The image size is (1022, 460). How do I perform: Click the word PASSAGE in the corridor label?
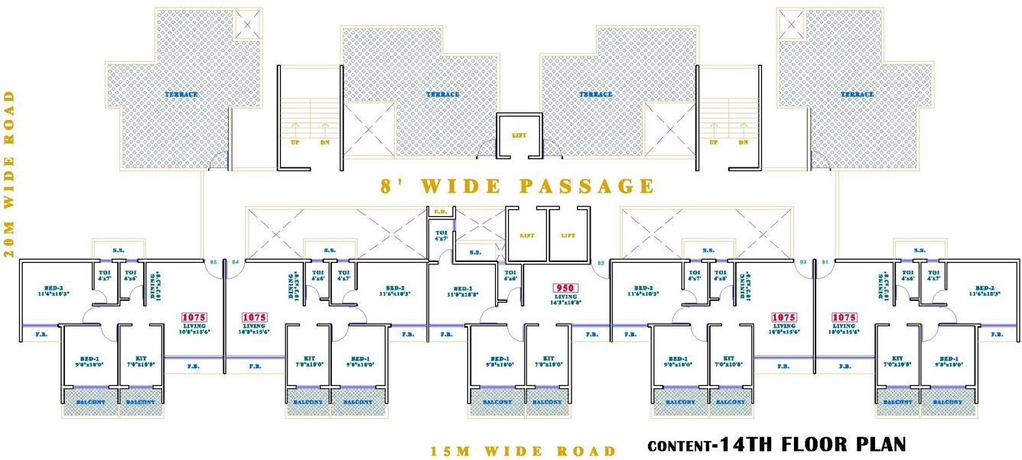click(x=587, y=186)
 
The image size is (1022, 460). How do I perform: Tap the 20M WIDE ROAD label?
click(x=10, y=174)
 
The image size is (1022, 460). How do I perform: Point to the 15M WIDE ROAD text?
click(x=522, y=451)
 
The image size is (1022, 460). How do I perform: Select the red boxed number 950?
click(x=565, y=289)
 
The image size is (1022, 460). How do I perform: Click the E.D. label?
click(x=441, y=211)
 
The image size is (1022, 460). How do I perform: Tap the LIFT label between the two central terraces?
click(x=519, y=135)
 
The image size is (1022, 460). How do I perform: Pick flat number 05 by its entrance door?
click(x=213, y=263)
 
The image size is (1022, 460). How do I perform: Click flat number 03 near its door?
click(x=601, y=263)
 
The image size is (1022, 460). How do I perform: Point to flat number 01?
click(x=825, y=263)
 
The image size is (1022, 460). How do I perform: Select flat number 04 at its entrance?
click(x=235, y=263)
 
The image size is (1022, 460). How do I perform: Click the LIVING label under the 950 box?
click(x=565, y=296)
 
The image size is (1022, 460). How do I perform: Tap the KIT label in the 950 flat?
click(x=548, y=358)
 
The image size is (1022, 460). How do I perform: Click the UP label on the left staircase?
click(x=295, y=142)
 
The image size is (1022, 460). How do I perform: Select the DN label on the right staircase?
click(x=743, y=142)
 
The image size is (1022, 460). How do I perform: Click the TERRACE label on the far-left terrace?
click(x=181, y=95)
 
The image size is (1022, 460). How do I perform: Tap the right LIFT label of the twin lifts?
click(x=568, y=235)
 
